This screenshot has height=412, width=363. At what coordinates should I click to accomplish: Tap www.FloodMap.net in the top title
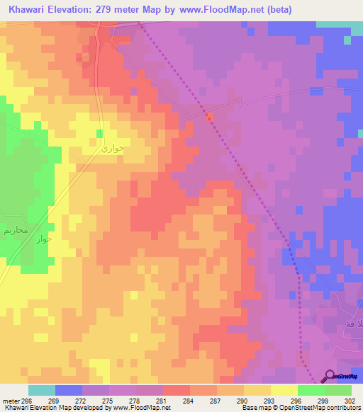pos(221,10)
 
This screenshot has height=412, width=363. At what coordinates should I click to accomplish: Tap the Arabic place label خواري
pos(112,149)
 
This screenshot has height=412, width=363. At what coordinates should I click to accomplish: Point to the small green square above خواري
pos(100,133)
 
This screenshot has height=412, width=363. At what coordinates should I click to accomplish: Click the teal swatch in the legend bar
pos(42,390)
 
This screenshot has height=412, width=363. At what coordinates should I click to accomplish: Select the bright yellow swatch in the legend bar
pos(284,390)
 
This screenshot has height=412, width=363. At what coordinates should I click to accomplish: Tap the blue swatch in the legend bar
pos(69,390)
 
